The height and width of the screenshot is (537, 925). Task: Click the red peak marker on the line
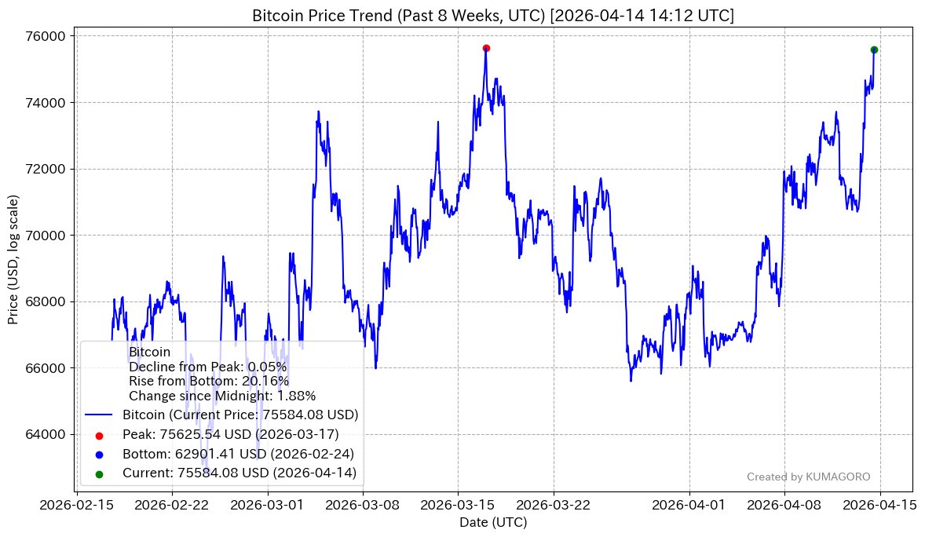(486, 48)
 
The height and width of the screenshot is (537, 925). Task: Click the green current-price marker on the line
(874, 49)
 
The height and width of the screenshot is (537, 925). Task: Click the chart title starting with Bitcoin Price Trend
(493, 16)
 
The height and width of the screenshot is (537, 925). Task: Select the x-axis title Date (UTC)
(493, 522)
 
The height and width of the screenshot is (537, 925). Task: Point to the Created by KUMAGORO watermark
(808, 477)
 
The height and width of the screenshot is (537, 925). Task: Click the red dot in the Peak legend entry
(98, 434)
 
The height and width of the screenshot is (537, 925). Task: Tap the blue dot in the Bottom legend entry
(98, 454)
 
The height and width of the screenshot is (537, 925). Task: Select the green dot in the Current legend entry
(98, 473)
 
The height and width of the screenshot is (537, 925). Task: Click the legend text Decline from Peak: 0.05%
(207, 367)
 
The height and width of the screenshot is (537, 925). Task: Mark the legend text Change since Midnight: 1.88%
(222, 396)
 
